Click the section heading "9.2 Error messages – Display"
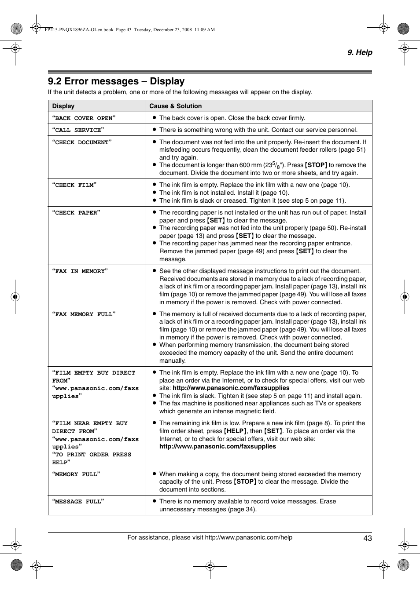point(116,81)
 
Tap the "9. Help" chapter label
point(359,52)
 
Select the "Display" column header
point(63,106)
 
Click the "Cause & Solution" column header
point(175,106)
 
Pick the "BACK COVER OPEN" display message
point(84,118)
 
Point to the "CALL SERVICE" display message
point(78,130)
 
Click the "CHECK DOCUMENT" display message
point(82,142)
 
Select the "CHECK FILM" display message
point(74,185)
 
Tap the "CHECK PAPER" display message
point(76,212)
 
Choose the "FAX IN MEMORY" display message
point(80,271)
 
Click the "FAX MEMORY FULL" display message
point(84,314)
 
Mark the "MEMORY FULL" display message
point(76,474)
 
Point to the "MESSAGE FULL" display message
point(78,501)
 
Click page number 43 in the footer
point(368,538)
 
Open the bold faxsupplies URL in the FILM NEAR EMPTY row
point(217,446)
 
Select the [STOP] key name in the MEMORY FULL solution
point(245,481)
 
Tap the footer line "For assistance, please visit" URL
point(210,537)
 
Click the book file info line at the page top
point(129,29)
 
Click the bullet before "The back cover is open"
point(155,118)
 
